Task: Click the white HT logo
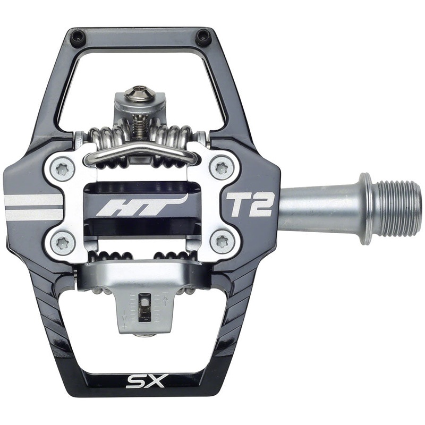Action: (141, 205)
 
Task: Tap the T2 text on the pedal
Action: (250, 205)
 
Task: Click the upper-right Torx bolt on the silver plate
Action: (220, 168)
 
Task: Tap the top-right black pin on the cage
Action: (203, 37)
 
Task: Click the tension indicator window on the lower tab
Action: (144, 309)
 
